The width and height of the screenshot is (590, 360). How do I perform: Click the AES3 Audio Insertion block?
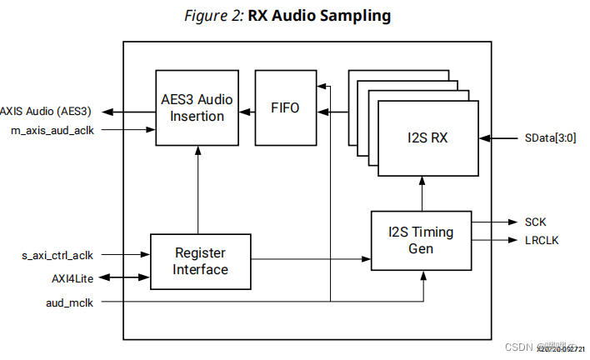point(197,108)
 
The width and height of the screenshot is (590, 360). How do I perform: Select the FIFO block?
point(285,108)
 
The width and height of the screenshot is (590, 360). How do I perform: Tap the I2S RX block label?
point(427,137)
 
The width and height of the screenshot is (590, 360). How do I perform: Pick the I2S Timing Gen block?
point(421,240)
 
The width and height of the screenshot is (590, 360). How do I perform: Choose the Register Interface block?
point(200,261)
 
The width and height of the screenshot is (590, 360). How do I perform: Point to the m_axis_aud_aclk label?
point(52,130)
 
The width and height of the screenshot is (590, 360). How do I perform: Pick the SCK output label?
point(537,222)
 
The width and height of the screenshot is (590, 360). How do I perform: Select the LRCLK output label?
point(542,240)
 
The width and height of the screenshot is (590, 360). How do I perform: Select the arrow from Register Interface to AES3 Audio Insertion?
point(197,190)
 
